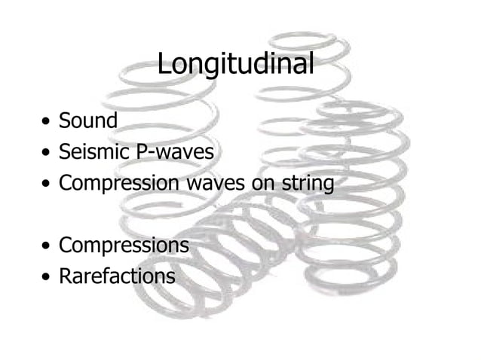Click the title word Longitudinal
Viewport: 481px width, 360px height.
click(235, 65)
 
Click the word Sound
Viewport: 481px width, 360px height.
click(88, 121)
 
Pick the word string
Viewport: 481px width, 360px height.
click(307, 183)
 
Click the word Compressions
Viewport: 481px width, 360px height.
click(124, 246)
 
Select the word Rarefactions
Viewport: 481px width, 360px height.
click(117, 276)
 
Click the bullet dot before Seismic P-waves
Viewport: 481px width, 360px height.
click(47, 153)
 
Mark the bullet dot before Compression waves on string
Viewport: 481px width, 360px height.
click(47, 185)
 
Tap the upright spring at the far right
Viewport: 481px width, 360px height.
click(354, 196)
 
